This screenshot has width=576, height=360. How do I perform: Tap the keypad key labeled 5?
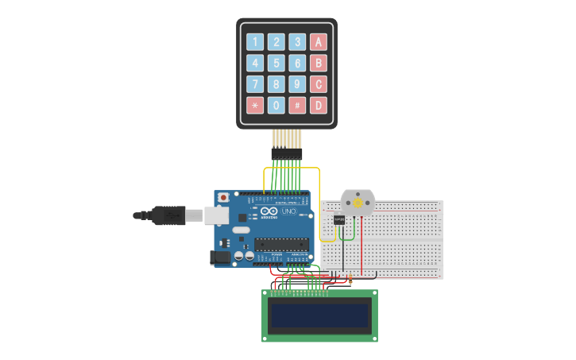[276, 63]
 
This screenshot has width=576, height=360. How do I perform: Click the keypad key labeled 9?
[297, 83]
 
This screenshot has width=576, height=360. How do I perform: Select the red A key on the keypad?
[319, 42]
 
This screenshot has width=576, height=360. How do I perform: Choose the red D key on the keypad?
[319, 105]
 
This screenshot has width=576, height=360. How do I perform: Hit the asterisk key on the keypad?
[254, 105]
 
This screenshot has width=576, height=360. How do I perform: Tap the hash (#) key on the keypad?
[297, 105]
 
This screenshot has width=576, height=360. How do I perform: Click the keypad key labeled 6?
[297, 63]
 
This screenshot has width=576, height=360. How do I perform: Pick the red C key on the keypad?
[319, 83]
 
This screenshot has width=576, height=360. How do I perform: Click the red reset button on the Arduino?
[223, 196]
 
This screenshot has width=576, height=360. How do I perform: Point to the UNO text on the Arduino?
[288, 212]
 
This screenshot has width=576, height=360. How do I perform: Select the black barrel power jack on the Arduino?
[216, 257]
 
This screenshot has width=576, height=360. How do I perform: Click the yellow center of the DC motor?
[358, 204]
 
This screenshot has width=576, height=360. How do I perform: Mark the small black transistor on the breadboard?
[339, 219]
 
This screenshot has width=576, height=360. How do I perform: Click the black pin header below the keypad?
[286, 153]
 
